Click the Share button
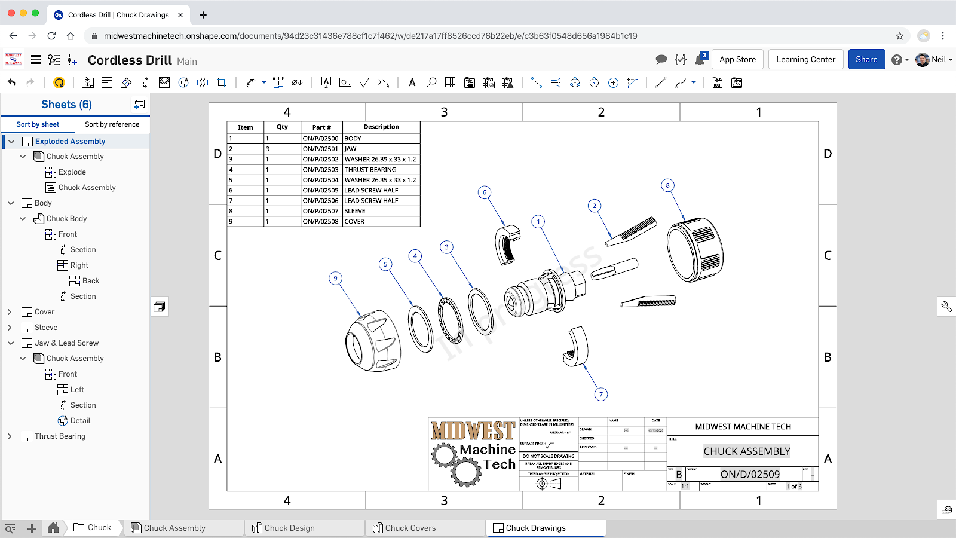click(866, 59)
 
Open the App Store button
click(737, 59)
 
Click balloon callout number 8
click(667, 185)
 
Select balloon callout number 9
click(335, 278)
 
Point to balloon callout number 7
click(601, 394)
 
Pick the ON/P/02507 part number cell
click(321, 211)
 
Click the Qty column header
click(282, 127)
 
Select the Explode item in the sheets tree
click(72, 172)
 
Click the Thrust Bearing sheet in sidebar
click(60, 436)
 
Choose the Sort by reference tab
click(112, 124)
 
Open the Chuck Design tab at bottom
click(289, 528)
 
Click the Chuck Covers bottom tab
click(410, 528)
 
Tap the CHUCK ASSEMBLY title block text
click(746, 451)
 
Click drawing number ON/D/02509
click(750, 474)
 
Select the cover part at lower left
click(373, 342)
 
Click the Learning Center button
click(805, 59)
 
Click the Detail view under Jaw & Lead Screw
click(80, 421)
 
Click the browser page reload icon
click(51, 36)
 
